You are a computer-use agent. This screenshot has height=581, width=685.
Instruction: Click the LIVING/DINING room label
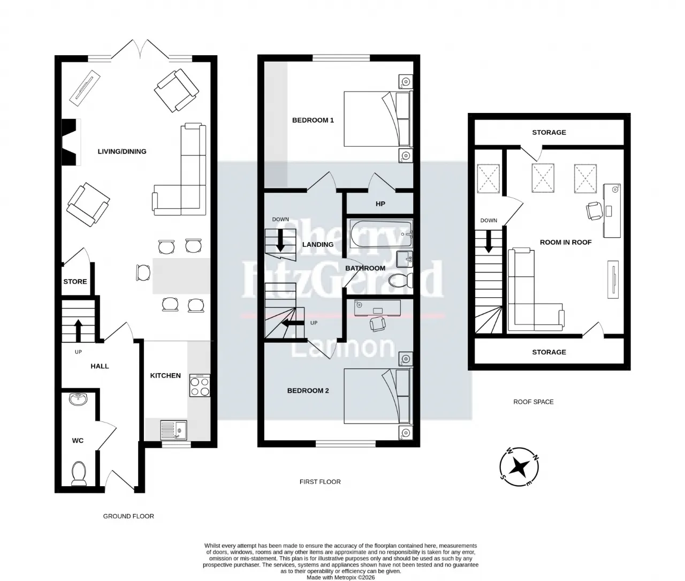coord(122,152)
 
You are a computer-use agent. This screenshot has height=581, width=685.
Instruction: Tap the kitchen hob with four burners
coord(200,386)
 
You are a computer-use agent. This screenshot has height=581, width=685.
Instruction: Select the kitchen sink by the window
coord(173,430)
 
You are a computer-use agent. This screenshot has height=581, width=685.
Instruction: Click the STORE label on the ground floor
coord(75,282)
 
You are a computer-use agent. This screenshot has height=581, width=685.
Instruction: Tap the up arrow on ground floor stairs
coord(78,330)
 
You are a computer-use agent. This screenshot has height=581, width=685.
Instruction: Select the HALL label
coord(100,366)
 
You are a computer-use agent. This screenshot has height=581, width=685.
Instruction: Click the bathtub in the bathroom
coord(382,234)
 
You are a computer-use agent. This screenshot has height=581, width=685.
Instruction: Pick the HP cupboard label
coord(380,204)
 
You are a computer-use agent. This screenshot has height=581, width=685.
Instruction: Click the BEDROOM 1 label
coord(313,120)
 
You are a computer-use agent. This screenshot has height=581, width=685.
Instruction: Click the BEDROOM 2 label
coord(308,391)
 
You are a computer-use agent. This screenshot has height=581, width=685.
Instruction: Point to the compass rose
coord(519,466)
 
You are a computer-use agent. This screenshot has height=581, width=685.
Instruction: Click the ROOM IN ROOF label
coord(566,243)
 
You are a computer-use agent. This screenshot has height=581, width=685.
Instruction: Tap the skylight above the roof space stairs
coord(488,178)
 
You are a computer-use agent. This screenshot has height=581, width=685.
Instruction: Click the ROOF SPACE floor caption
coord(534,402)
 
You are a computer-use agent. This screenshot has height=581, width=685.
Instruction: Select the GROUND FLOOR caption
coord(128,516)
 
